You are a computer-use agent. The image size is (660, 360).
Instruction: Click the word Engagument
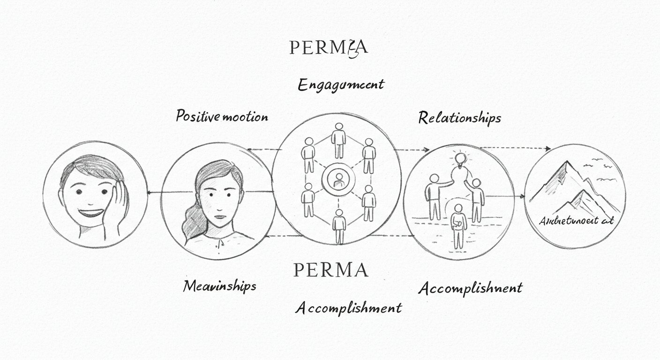pyautogui.click(x=341, y=84)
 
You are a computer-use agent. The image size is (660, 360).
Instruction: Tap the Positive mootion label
pyautogui.click(x=222, y=116)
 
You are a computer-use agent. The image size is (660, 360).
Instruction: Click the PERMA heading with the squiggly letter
pyautogui.click(x=328, y=47)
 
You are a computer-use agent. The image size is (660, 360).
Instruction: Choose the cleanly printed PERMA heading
pyautogui.click(x=330, y=270)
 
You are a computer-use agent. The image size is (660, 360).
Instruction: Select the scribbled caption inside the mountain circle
pyautogui.click(x=576, y=220)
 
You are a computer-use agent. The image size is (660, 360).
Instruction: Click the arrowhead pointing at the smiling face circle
pyautogui.click(x=149, y=192)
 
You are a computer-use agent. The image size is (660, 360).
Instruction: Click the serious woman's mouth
pyautogui.click(x=217, y=217)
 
